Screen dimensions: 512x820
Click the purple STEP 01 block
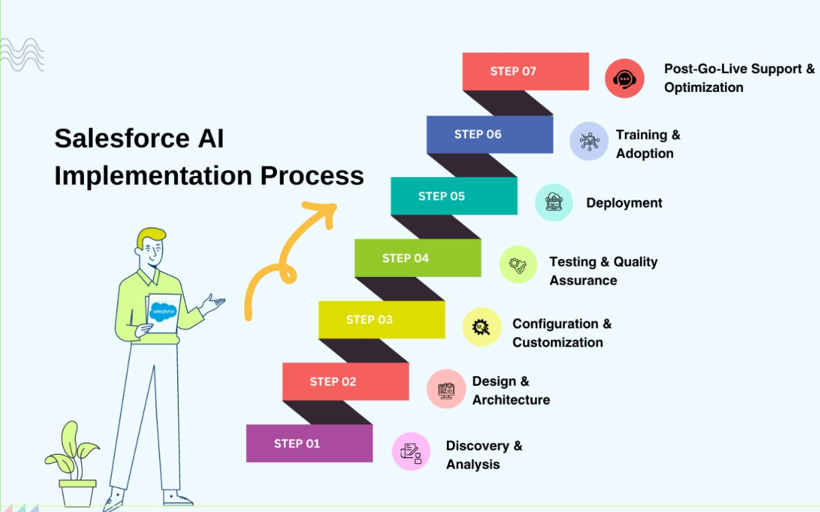coord(309,443)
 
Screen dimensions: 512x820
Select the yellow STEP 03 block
coord(382,320)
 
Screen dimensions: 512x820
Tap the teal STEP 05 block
coord(454,196)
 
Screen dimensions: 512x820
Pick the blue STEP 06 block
coord(489,134)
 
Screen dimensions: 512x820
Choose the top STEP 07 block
coord(525,71)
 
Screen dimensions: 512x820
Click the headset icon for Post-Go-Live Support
coord(625,79)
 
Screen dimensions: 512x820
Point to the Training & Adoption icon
coord(589,141)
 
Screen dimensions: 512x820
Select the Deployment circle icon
coord(553,203)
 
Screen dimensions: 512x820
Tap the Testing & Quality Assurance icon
coord(518,265)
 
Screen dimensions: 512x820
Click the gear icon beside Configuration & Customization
coord(482,327)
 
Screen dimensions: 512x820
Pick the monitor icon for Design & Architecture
coord(446,388)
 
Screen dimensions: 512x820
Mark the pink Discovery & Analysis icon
coord(411,451)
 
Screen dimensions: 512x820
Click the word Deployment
coord(624,203)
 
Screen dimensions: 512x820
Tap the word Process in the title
coord(312,176)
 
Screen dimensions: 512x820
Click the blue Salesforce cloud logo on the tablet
coord(163,311)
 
